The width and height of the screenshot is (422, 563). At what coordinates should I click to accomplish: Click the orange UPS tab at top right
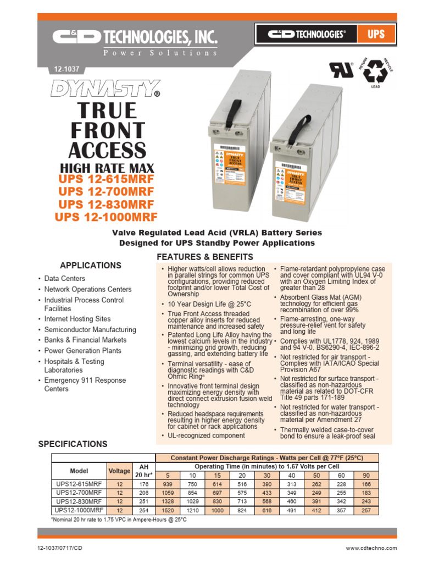click(376, 35)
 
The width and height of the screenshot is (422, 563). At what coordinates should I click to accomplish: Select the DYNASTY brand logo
click(105, 88)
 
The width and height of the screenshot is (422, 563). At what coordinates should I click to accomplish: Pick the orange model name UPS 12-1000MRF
click(106, 217)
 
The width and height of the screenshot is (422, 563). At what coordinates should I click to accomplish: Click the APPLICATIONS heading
click(91, 265)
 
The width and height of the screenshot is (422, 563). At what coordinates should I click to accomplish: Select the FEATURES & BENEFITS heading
click(205, 257)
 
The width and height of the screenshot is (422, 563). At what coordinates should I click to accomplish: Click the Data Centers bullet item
click(64, 279)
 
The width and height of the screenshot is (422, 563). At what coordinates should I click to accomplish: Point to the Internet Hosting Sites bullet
click(77, 319)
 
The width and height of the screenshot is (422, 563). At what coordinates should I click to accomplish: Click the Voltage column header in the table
click(119, 471)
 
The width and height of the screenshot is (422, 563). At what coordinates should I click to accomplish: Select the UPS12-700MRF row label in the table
click(79, 493)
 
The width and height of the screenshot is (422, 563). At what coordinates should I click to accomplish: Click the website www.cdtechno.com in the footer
click(371, 548)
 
